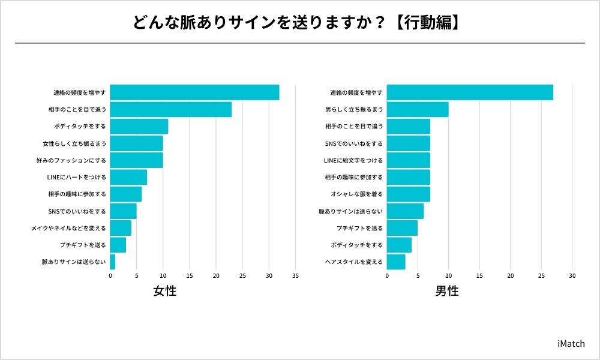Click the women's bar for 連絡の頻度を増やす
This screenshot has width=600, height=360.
point(194,92)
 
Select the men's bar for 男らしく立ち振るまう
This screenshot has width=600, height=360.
point(418,109)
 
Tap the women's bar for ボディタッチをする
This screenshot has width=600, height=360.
point(139,127)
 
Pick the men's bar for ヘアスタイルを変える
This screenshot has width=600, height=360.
point(396,262)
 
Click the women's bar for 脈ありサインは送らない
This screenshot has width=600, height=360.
point(113,262)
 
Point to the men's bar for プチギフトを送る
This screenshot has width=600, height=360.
point(402,228)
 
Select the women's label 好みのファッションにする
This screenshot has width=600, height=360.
point(71,161)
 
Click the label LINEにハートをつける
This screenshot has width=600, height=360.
point(76,178)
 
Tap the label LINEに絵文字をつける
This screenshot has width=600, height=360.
point(353,161)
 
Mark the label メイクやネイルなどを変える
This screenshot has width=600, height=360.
point(68,229)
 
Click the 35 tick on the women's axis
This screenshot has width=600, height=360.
point(295,276)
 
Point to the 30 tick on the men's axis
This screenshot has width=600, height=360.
point(572,276)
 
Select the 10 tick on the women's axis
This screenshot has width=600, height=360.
point(163,276)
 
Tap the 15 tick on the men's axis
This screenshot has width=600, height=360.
point(479,276)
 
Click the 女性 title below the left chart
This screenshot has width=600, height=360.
point(165,292)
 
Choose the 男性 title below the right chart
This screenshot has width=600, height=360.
point(446,292)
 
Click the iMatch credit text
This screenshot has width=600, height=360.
point(571,344)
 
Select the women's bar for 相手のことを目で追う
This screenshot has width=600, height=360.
point(170,109)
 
